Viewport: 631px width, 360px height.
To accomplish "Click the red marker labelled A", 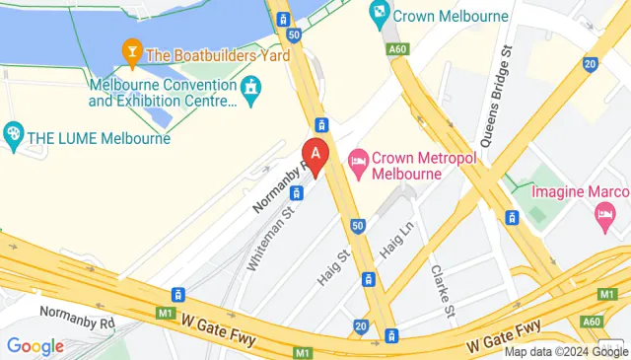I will (x=315, y=155).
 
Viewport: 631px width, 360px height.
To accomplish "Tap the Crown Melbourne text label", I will (x=451, y=16).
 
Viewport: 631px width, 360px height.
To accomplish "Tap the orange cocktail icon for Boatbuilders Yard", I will (x=129, y=49).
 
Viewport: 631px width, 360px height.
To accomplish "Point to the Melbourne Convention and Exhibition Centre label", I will (x=163, y=93).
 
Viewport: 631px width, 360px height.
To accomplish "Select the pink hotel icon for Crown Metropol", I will (x=358, y=159).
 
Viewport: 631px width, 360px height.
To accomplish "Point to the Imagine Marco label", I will (x=579, y=189).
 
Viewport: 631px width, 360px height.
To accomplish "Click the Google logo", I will (x=35, y=346).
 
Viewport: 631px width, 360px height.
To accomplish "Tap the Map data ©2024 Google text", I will (x=566, y=352).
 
